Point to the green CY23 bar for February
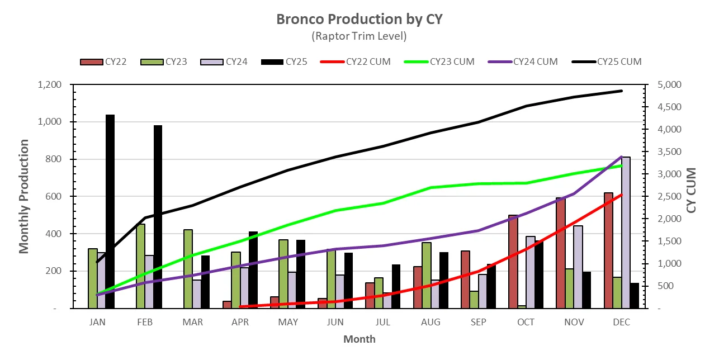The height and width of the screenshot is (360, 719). (x=141, y=266)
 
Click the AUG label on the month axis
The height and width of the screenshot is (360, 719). (x=431, y=323)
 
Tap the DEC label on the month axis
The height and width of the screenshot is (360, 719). (x=621, y=323)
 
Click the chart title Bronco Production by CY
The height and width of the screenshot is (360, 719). (x=359, y=19)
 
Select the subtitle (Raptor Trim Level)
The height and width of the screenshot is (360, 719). (x=359, y=36)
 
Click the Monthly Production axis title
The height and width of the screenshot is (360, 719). (x=24, y=196)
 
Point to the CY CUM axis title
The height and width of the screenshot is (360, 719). (x=692, y=190)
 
